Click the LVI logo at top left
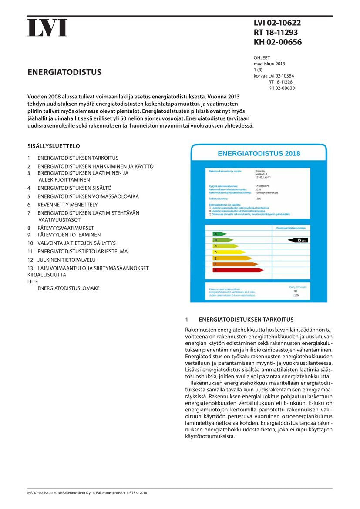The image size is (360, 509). click(47, 28)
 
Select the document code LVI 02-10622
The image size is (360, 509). click(277, 24)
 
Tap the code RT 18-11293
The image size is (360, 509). click(276, 33)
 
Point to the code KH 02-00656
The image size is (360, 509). click(278, 42)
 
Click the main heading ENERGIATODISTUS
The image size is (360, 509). click(64, 72)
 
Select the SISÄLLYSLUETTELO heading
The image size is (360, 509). click(54, 146)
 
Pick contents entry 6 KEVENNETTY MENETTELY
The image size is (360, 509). click(67, 205)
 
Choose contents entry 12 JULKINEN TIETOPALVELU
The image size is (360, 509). click(66, 260)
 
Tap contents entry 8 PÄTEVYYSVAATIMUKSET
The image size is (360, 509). click(65, 228)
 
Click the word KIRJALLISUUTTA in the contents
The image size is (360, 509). click(47, 275)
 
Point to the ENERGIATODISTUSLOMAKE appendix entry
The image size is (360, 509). click(68, 288)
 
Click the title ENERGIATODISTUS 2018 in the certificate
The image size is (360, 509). click(259, 154)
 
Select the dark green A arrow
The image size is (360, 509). click(218, 234)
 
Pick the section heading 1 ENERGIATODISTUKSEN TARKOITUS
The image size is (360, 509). click(239, 320)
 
